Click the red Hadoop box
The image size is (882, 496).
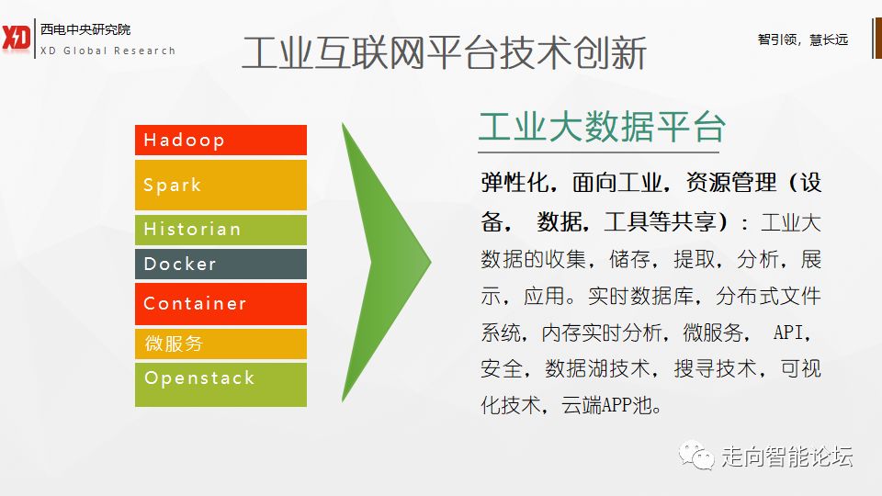[220, 140]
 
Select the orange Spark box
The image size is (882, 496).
[220, 185]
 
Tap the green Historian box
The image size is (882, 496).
[220, 230]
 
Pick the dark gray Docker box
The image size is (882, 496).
[220, 265]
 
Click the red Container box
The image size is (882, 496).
[220, 304]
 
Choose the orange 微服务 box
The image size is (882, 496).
[220, 344]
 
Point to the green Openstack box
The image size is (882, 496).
[220, 385]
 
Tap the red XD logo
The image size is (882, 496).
[16, 39]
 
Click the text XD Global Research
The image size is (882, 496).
[108, 51]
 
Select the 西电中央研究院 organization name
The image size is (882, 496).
[85, 29]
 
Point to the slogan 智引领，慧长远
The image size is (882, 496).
[803, 39]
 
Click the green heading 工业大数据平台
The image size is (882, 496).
[602, 127]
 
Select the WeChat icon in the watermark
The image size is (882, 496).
[696, 455]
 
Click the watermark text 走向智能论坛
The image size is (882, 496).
[787, 457]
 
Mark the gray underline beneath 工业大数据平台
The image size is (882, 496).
[598, 152]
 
